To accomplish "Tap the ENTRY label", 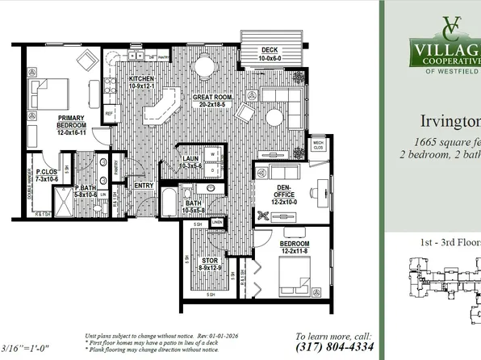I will tap(144, 186).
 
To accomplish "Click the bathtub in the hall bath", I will tap(170, 201).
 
